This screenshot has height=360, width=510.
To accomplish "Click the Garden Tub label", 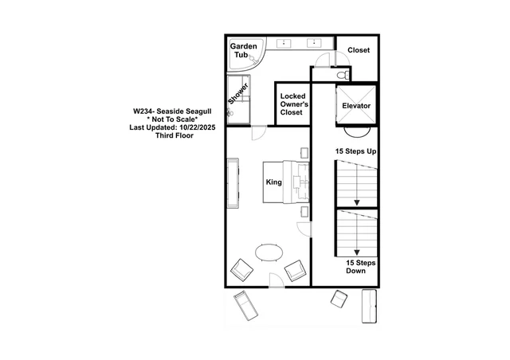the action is coord(243,50).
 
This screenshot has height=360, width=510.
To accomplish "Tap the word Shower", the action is coord(238,94).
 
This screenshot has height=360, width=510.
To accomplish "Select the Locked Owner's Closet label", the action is coord(292,104).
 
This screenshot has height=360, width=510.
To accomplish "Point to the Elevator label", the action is coord(356,106).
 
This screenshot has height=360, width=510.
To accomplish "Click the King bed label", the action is coord(274,182).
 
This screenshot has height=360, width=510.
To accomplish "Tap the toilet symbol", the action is coord(343,76).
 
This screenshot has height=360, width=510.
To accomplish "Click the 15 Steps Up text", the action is coord(356,151).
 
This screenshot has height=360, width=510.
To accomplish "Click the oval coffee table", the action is coord(269,252).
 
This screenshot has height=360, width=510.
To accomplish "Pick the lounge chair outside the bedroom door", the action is coord(246,305).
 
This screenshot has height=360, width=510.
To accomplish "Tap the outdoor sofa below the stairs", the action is coord(369,306).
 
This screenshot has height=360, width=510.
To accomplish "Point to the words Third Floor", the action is coord(175,135).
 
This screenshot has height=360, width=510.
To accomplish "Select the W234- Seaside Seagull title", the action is coord(172,112).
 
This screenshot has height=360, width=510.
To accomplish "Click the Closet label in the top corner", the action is coord(359,50).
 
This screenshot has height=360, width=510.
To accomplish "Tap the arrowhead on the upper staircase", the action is coord(357,202).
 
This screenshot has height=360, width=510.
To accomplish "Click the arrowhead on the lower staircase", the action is coord(357,252).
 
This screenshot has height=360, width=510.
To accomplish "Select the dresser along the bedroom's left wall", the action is coord(233,183).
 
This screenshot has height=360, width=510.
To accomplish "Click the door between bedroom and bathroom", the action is coord(259,133).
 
